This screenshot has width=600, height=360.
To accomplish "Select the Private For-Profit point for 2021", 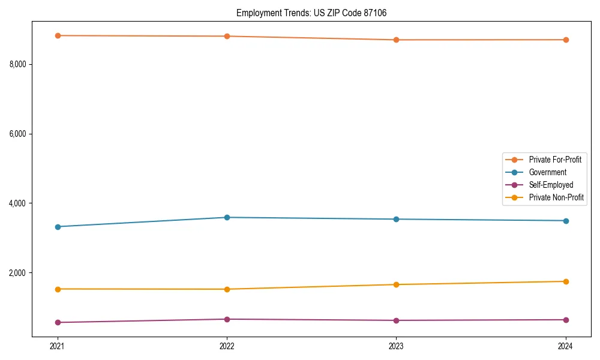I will pos(58,35).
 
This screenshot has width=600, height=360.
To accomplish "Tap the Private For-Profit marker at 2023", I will pos(397,40).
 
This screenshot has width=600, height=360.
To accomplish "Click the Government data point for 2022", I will pos(227,217).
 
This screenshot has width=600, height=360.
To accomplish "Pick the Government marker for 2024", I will pos(566,221).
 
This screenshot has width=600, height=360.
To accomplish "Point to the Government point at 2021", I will pos(58,227).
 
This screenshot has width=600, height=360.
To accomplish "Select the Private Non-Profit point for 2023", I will pos(397,284).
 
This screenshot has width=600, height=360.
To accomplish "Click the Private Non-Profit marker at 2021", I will pos(58,289).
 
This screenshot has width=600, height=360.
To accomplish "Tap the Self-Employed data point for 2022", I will pos(227,319).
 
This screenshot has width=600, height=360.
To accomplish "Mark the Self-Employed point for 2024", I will pos(566,320).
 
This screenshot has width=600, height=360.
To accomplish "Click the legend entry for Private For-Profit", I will pos(555,160).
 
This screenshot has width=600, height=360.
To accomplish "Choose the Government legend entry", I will pos(547,172).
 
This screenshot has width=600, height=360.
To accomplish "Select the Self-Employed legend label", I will pos(551,185).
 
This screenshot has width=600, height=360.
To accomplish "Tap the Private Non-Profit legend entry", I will pos(556,197).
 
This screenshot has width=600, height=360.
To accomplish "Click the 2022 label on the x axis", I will pos(227,346).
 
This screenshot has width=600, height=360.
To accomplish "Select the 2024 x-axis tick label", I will pos(566,346).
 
